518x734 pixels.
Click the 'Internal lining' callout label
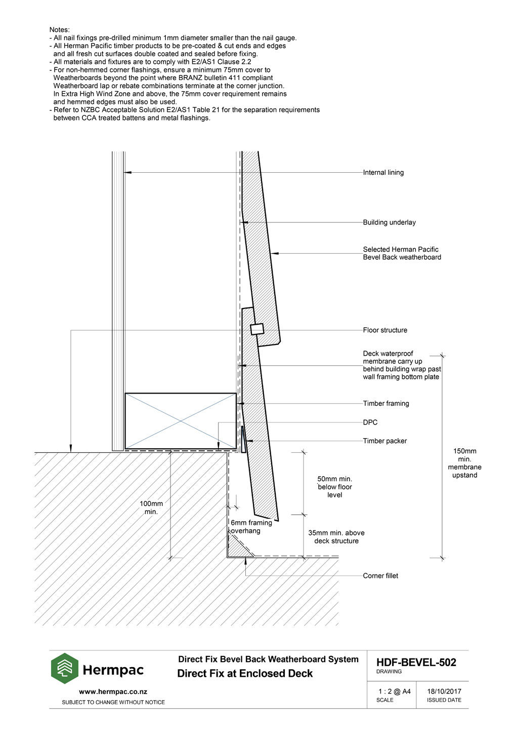383,172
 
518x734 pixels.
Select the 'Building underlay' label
389,222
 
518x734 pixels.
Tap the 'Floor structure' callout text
385,330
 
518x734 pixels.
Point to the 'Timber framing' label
386,403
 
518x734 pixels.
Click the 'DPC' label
370,422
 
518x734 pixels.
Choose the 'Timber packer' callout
385,441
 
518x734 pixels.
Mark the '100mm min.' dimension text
151,508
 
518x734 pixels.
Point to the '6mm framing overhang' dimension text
251,527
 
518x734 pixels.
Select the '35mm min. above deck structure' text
336,537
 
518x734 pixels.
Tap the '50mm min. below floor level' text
335,487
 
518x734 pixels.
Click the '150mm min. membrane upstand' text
465,463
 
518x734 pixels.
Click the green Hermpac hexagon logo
65,669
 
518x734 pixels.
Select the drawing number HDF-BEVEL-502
416,662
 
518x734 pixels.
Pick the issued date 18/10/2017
444,691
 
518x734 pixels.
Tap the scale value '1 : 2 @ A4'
394,691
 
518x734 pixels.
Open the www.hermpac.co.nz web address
113,692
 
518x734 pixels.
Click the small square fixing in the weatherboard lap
257,329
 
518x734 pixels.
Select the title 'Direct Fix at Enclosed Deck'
245,673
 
